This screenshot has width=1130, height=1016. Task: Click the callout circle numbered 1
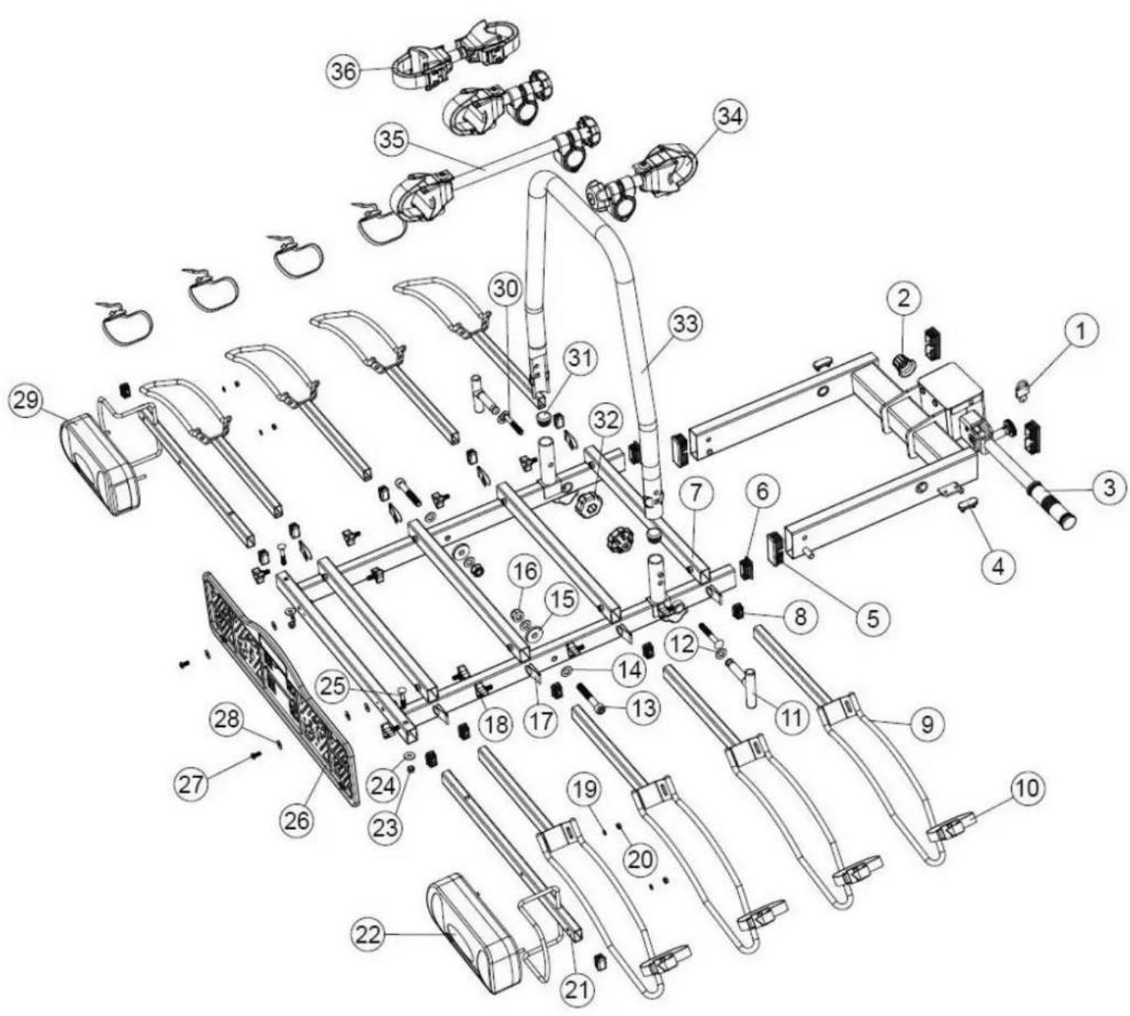[1081, 332]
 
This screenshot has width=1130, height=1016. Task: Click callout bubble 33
[685, 323]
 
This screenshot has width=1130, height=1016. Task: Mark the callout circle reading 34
[728, 117]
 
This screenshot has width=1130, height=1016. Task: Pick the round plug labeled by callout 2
[903, 364]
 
